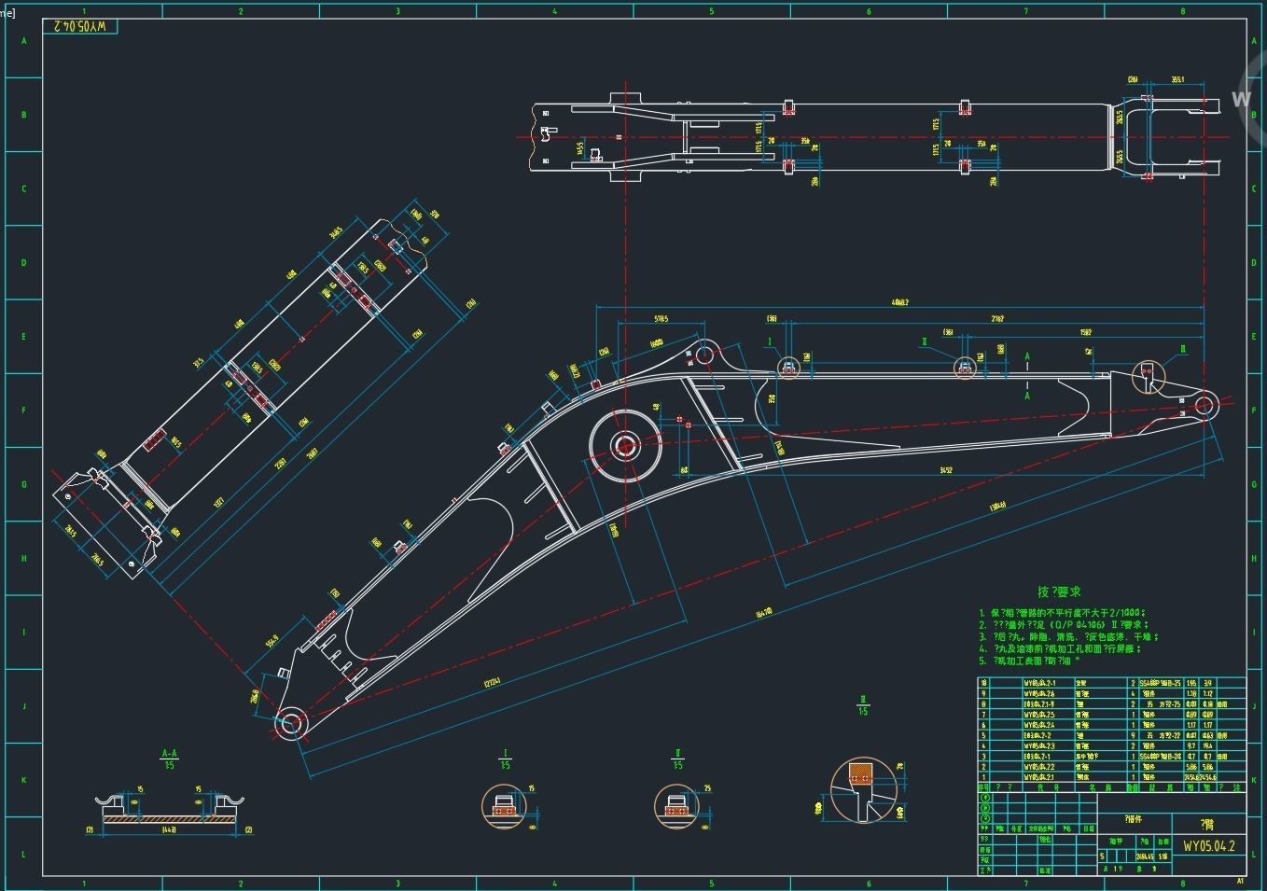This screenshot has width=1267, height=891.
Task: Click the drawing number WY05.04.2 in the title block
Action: (x=1208, y=846)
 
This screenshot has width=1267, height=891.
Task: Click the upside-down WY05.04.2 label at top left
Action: (x=85, y=26)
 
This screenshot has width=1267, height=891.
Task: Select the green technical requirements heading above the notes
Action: (x=1059, y=592)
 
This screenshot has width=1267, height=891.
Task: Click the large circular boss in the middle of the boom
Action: (x=621, y=447)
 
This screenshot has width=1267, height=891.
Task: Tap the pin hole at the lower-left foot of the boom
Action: (x=289, y=722)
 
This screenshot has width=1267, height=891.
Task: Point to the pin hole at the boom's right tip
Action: (x=1204, y=406)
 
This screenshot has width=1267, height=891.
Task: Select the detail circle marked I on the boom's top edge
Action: (x=788, y=368)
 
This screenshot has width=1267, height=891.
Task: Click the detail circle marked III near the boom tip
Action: (x=1149, y=375)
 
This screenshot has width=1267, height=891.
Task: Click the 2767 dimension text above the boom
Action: (x=997, y=318)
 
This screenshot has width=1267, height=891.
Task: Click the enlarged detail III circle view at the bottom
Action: (x=863, y=790)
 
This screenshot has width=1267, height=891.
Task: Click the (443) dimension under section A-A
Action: (x=170, y=829)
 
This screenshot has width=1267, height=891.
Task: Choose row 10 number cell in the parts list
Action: (x=983, y=683)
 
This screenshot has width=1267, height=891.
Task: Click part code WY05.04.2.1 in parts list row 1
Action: (x=1038, y=776)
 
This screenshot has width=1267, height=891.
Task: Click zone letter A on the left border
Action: (x=24, y=42)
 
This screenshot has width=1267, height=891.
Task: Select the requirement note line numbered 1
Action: (x=1064, y=613)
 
